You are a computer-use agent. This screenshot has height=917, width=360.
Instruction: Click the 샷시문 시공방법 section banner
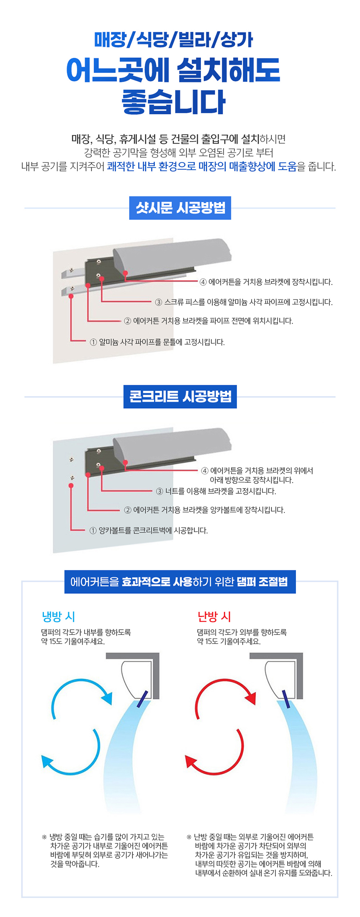(180, 208)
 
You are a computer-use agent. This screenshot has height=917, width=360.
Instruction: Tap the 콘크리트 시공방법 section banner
(180, 397)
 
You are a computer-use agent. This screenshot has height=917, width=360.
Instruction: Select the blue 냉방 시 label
(58, 616)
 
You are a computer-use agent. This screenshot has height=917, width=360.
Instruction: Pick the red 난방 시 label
(214, 616)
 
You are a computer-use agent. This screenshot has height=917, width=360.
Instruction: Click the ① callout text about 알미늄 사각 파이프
(157, 342)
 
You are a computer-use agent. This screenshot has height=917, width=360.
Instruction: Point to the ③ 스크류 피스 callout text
(244, 302)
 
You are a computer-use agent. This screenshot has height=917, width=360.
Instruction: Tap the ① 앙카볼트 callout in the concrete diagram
(149, 531)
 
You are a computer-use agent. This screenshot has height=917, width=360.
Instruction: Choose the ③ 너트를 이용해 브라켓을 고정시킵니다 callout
(216, 491)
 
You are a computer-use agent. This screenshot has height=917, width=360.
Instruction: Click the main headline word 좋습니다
(174, 102)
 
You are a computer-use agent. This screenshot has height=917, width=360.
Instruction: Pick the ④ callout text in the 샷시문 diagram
(266, 282)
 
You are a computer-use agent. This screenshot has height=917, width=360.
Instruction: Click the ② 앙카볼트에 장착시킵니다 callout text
(205, 510)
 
